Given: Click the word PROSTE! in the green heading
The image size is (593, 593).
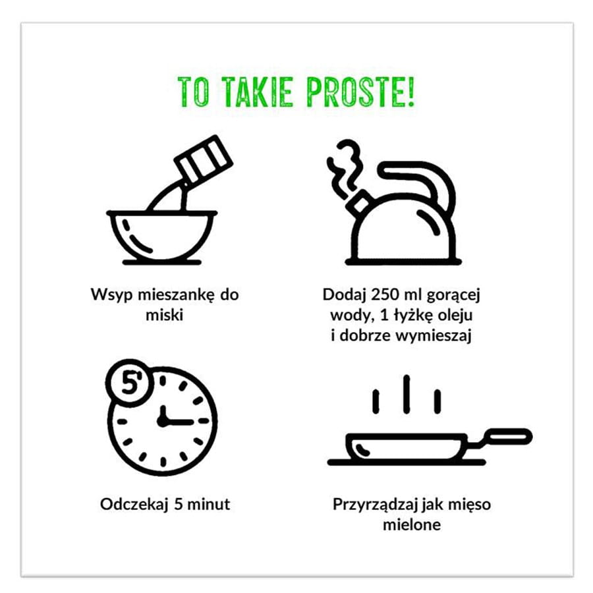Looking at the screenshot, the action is click(x=360, y=92).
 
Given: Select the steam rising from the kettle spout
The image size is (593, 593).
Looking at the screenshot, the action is click(x=343, y=169).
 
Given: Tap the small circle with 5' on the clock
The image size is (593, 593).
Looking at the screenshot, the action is click(x=130, y=383).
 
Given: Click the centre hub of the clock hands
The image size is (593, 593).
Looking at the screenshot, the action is click(x=163, y=421).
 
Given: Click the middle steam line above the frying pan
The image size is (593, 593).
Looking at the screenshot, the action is click(x=407, y=394).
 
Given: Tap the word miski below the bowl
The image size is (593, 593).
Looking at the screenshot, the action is click(x=165, y=315).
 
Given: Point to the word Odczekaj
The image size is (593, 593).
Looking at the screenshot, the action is click(x=134, y=505).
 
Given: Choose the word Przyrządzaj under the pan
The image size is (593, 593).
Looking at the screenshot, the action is click(x=376, y=505).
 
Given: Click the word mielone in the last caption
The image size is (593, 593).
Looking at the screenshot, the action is click(x=412, y=524).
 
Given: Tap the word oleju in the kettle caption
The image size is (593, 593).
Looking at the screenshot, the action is click(x=456, y=315).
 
